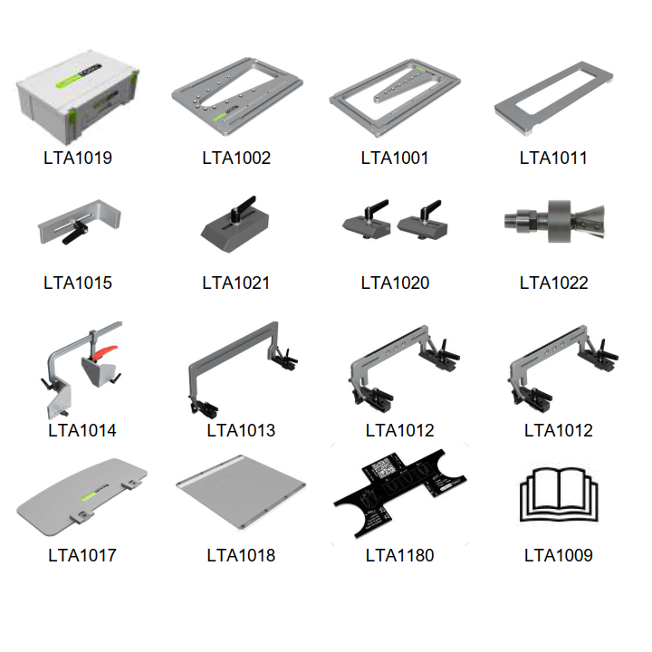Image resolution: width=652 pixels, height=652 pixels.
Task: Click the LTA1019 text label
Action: coord(78,158)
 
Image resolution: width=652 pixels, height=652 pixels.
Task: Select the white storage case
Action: coord(78,96)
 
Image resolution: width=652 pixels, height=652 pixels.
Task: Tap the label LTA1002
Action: coord(236,158)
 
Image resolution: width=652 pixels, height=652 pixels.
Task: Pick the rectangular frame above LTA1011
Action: coord(553,98)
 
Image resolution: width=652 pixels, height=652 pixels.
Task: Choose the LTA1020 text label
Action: coord(395,283)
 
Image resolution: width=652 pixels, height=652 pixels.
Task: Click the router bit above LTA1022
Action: coord(554,221)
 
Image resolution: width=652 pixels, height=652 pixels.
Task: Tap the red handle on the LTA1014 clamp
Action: coord(105,351)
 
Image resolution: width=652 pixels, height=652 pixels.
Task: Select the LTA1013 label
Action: coord(241,430)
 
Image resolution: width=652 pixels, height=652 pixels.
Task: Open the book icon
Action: coord(559,494)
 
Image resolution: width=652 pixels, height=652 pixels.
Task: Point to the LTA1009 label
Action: coord(559,555)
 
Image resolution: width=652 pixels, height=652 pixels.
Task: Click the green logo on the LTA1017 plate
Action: coord(89,494)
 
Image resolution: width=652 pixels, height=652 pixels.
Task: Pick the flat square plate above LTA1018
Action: coord(241,492)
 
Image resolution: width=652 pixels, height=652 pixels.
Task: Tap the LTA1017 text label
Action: coord(82,555)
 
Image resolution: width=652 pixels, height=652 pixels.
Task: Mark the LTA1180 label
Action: coord(399,555)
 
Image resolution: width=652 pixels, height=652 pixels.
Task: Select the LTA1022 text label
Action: coord(554,283)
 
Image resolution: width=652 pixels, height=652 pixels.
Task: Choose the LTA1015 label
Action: coord(78,283)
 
